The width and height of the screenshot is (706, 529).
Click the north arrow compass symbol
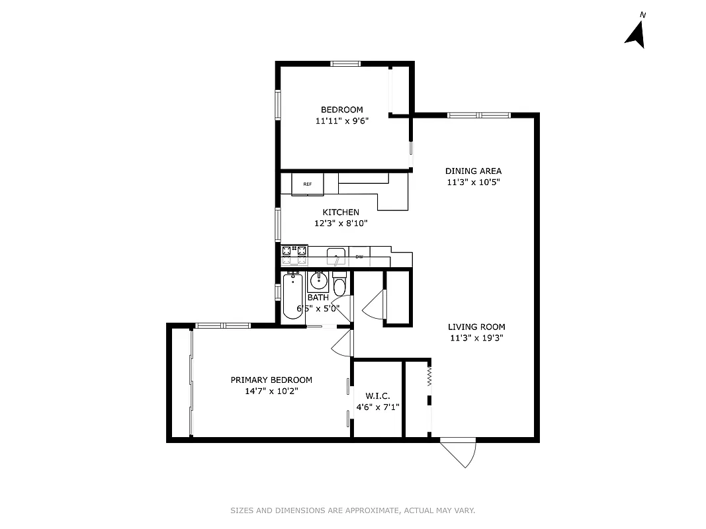(x=636, y=34)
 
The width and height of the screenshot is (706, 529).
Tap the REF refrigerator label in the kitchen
(x=307, y=184)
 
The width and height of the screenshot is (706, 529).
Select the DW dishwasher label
(x=359, y=257)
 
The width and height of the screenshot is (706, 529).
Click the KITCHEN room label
(x=341, y=212)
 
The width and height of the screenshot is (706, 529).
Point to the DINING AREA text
(x=473, y=171)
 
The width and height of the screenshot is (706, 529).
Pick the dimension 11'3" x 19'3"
(x=476, y=338)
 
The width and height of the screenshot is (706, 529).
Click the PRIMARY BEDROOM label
(x=271, y=380)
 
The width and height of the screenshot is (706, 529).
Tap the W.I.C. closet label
(x=377, y=396)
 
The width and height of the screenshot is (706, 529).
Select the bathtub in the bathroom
(x=292, y=297)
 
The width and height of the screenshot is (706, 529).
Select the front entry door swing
(x=461, y=452)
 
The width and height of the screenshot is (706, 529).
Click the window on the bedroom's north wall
(x=345, y=63)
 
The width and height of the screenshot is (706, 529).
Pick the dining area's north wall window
(x=479, y=115)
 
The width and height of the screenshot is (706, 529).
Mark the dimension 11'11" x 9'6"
(x=342, y=121)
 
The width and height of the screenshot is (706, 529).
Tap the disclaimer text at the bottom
(x=353, y=510)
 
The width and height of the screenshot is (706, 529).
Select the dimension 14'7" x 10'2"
(x=271, y=391)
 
